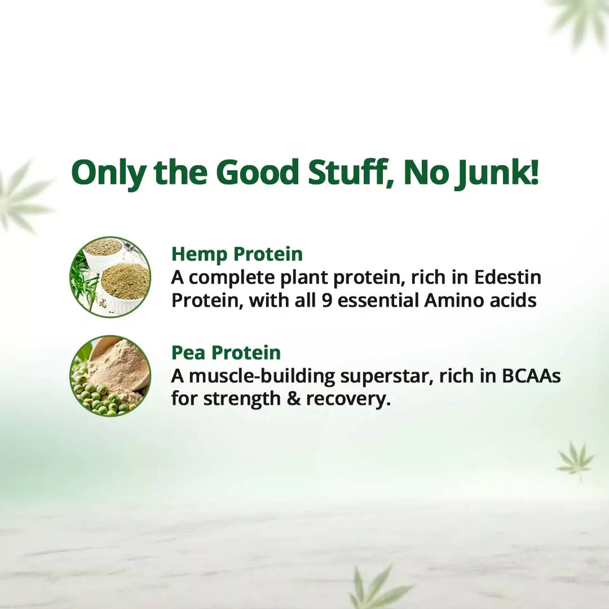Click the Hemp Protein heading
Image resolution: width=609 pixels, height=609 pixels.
point(237,254)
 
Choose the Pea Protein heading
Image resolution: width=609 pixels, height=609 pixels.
point(226,352)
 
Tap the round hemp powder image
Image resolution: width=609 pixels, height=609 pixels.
point(110,276)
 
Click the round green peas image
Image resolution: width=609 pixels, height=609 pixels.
point(110,376)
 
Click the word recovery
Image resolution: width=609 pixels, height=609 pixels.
point(348,399)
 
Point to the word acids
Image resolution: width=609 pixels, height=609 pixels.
point(511,301)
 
